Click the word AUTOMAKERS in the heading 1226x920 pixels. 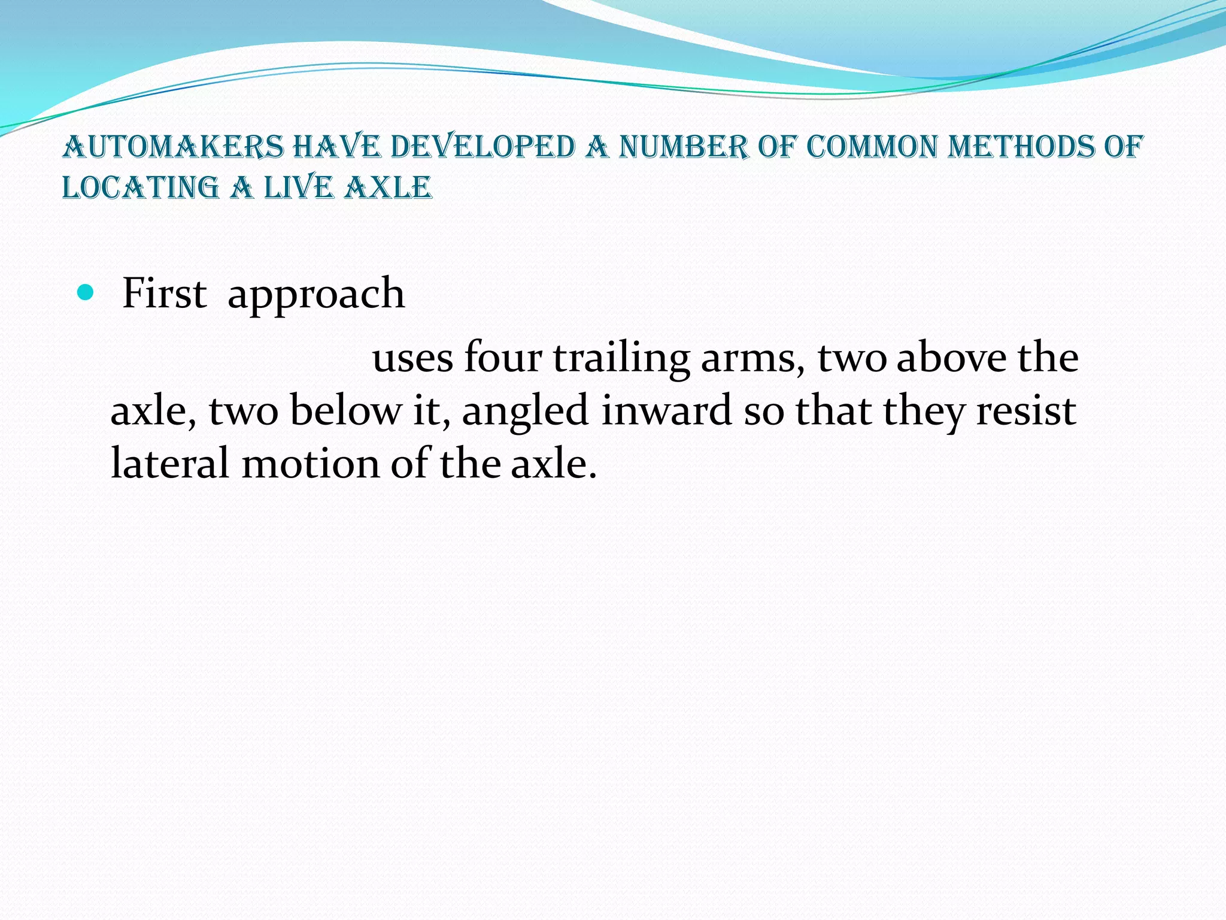click(x=173, y=147)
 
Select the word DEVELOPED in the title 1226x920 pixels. click(x=482, y=147)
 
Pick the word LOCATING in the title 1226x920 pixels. click(x=141, y=188)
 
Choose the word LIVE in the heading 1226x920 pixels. click(x=298, y=188)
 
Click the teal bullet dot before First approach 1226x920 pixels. click(x=86, y=293)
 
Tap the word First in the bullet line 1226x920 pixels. click(x=164, y=293)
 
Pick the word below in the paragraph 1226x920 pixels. click(x=345, y=411)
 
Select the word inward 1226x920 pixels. click(x=666, y=411)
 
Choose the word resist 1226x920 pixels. click(x=1026, y=411)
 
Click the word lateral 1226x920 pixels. click(x=170, y=464)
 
